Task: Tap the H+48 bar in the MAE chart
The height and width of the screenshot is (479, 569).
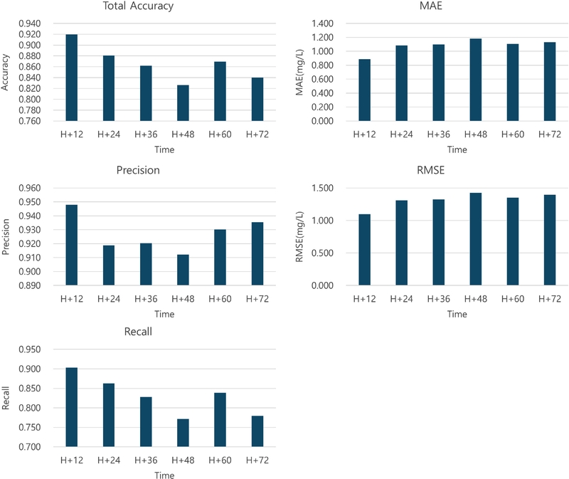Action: click(x=476, y=80)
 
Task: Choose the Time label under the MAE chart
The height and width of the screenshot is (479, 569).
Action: click(x=457, y=149)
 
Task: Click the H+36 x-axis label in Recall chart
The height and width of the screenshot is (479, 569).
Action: click(x=146, y=460)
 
